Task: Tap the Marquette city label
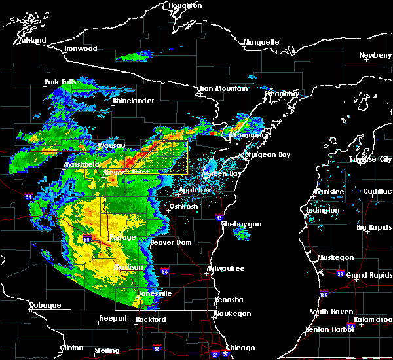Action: coord(261,42)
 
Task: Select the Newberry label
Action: coord(375,55)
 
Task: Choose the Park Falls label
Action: coord(60,82)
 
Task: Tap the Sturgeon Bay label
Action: coord(266,155)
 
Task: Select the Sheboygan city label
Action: coord(241,224)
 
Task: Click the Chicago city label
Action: coord(240,347)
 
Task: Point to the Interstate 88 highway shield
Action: coord(157,348)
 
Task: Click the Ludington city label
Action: coord(323,209)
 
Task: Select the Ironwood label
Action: coord(81,48)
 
